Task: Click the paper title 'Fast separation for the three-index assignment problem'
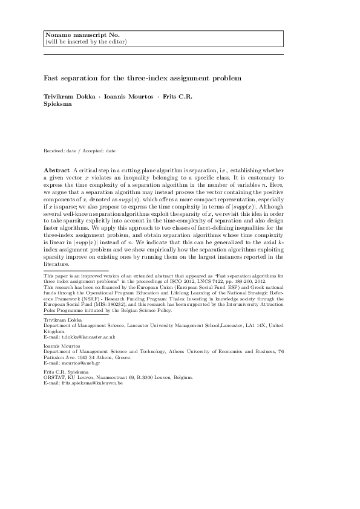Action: (x=142, y=78)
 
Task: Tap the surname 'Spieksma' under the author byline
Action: (x=59, y=104)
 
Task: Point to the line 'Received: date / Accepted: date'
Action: (x=80, y=150)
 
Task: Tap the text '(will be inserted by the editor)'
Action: (x=85, y=42)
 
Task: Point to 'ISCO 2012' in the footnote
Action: (x=175, y=281)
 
